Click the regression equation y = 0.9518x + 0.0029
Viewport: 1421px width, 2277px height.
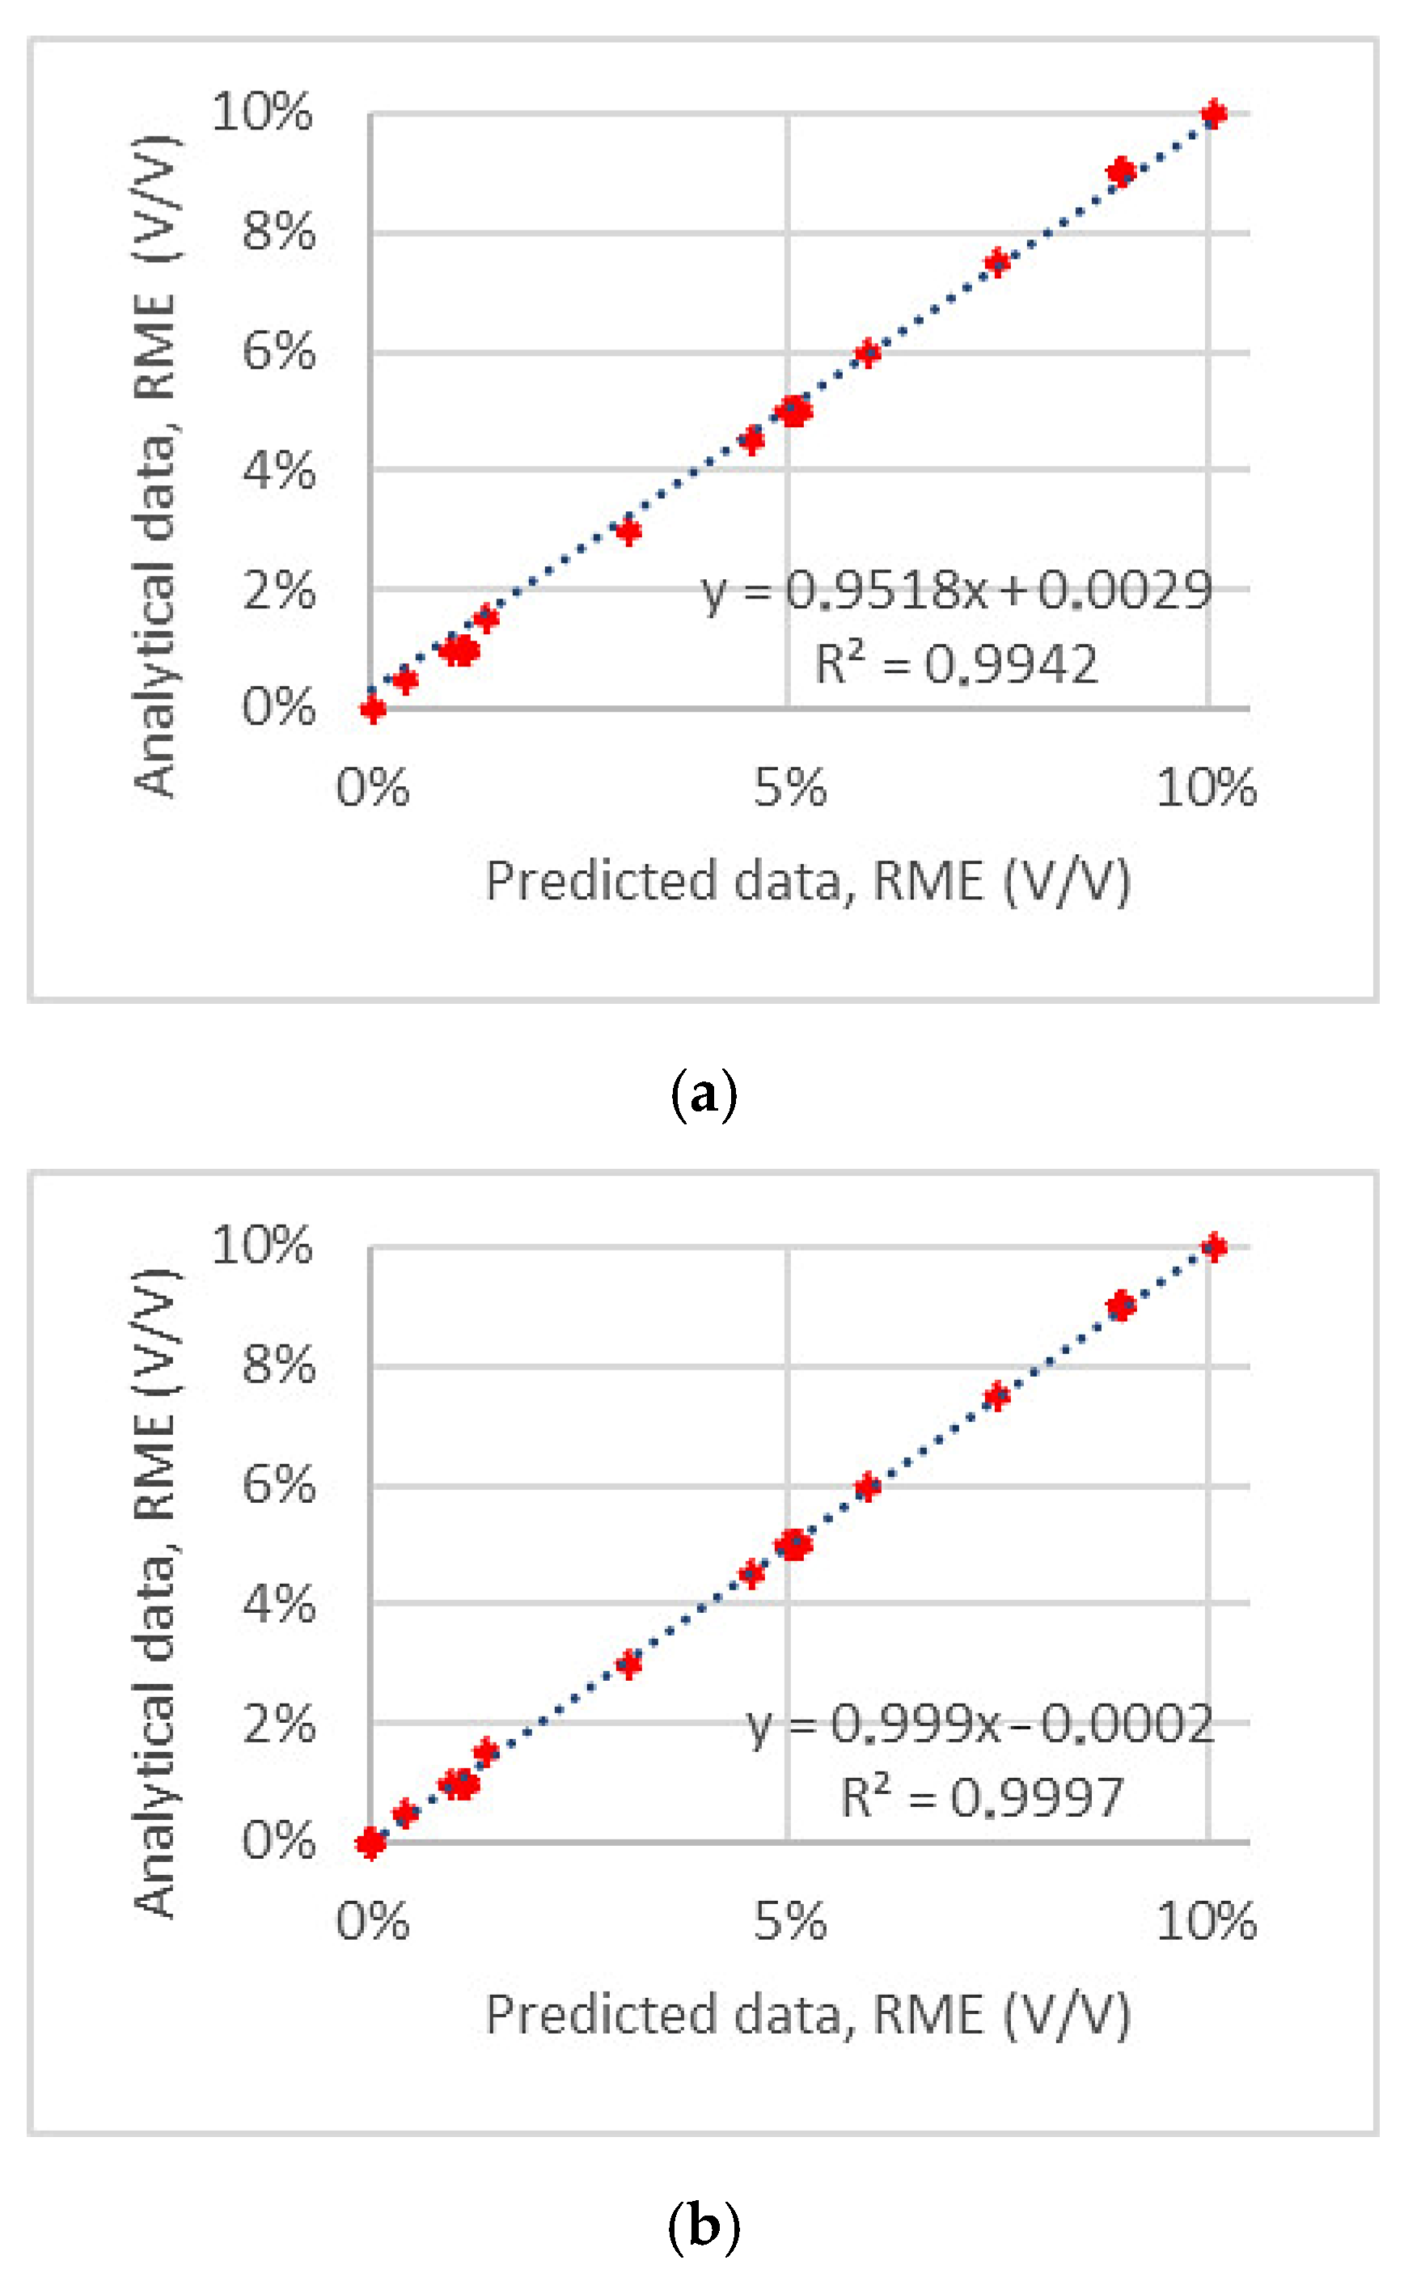coord(957,591)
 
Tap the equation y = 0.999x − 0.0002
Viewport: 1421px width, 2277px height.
coord(980,1725)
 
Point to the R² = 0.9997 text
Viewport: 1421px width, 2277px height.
coord(982,1797)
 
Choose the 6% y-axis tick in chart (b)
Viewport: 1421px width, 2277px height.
coord(278,1486)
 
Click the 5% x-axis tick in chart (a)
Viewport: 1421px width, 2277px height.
coord(789,788)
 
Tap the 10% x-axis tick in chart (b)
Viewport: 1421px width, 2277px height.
coord(1206,1921)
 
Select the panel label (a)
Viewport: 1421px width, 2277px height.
coord(704,1094)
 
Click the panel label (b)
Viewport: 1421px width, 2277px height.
coord(704,2226)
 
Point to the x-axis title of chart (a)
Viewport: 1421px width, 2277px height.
coord(808,882)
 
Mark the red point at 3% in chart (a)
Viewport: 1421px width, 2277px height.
coord(628,531)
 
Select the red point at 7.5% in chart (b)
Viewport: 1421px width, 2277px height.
coord(997,1396)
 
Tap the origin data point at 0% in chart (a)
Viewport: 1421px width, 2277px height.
coord(373,709)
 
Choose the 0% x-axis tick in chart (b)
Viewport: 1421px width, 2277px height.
coord(373,1921)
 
